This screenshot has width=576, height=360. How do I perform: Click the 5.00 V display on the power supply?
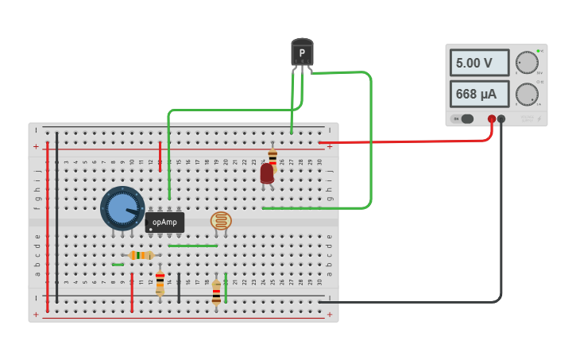(x=480, y=63)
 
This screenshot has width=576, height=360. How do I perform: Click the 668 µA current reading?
(x=480, y=94)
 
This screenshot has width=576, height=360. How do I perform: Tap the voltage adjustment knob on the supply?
(x=526, y=63)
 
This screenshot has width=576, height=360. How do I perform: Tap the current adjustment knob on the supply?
(x=526, y=94)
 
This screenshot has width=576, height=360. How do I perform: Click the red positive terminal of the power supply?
(x=492, y=119)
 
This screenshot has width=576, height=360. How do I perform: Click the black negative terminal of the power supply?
(x=501, y=119)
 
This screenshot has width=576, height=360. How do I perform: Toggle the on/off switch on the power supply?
(x=464, y=119)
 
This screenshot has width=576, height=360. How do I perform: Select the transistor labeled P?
(x=302, y=53)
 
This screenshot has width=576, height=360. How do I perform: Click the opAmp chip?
(x=164, y=223)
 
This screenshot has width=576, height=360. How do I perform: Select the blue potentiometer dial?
(x=122, y=208)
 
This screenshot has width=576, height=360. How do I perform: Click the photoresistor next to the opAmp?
(x=221, y=221)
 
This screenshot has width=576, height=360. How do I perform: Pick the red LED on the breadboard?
(x=267, y=173)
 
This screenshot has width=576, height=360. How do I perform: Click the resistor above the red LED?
(x=273, y=157)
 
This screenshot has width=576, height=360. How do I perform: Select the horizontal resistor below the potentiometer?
(x=141, y=255)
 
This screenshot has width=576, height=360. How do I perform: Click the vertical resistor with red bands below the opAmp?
(x=160, y=282)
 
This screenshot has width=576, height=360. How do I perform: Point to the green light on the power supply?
(x=538, y=51)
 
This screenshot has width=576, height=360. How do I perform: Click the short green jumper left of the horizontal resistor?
(x=118, y=265)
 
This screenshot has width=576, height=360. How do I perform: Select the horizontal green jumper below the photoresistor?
(x=192, y=246)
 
